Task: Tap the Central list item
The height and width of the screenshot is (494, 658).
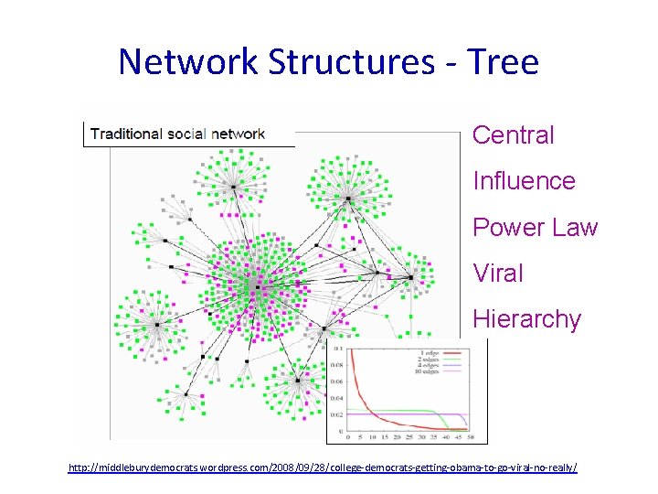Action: (513, 135)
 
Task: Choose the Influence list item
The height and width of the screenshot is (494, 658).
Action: (524, 181)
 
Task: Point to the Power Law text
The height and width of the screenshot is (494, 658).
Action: (535, 227)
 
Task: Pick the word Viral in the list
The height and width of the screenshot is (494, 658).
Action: (498, 273)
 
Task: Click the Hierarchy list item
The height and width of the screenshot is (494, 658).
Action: (526, 319)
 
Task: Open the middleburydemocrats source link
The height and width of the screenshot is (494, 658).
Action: (323, 468)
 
